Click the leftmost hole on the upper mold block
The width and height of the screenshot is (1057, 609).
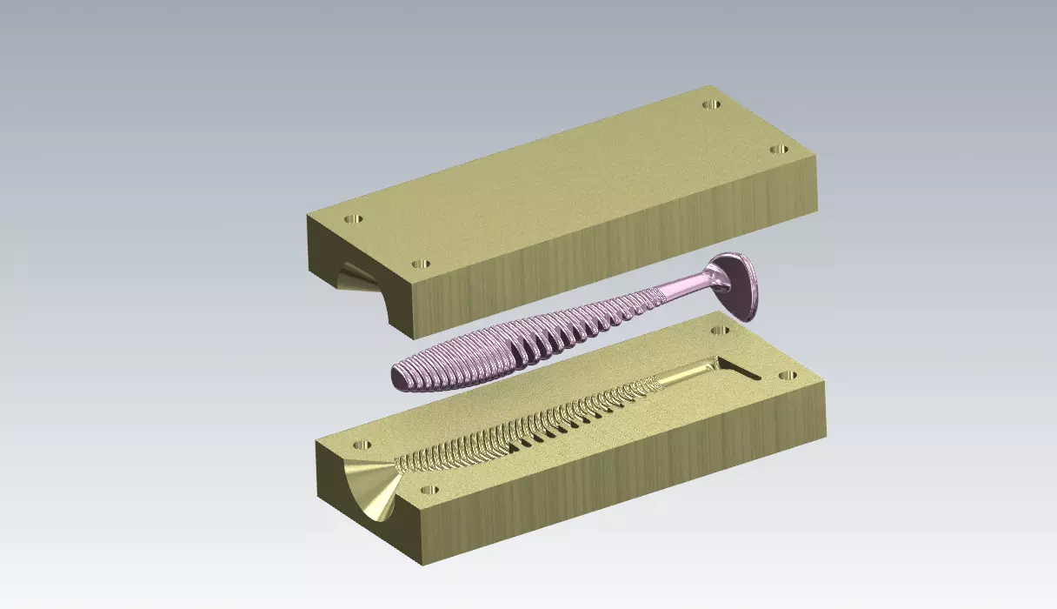pos(353,218)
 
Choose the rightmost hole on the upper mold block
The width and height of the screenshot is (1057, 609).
pos(780,150)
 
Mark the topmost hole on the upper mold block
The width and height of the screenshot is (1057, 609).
pos(711,104)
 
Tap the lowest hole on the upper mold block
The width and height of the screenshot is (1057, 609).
pos(421,263)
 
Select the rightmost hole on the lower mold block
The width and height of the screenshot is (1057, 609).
pos(788,376)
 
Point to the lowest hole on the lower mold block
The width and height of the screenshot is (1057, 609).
pos(429,489)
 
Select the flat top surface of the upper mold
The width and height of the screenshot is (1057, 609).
pos(565,174)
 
